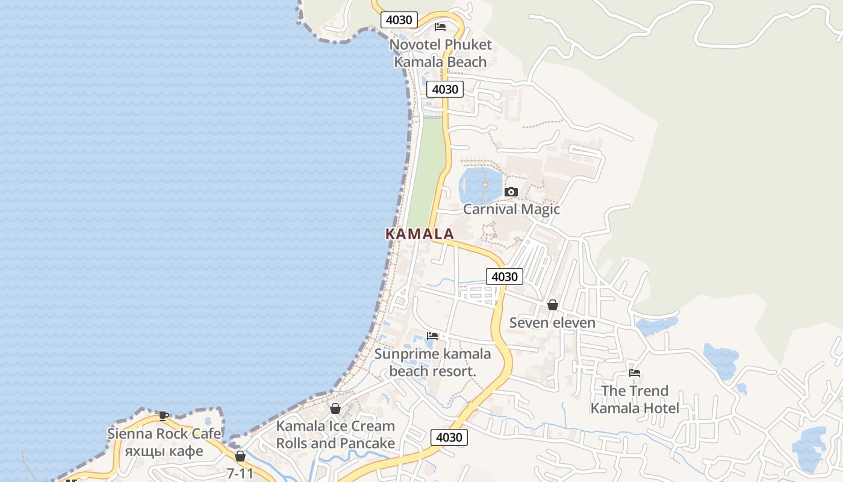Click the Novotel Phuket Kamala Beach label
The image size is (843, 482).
point(440,53)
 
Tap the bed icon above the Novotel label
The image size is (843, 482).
point(440,27)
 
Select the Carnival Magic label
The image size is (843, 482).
point(511,209)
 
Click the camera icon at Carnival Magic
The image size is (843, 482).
point(511,192)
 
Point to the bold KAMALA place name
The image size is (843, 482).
point(419,234)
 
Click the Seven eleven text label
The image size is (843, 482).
point(552,322)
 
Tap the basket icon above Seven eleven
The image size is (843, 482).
point(552,305)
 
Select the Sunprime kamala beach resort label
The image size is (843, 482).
point(432,362)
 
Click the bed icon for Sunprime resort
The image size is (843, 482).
point(432,336)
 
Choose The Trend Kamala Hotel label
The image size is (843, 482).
point(635,399)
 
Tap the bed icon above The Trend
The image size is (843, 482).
point(635,373)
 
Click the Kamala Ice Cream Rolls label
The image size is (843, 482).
point(335,434)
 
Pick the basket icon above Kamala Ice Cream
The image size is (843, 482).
point(335,408)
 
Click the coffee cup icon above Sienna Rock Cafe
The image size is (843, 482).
point(163,415)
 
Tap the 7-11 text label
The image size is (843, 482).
point(240,474)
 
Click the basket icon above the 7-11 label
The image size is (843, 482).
point(240,456)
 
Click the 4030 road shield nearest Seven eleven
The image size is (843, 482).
point(505,277)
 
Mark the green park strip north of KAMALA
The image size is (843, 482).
point(426,169)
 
